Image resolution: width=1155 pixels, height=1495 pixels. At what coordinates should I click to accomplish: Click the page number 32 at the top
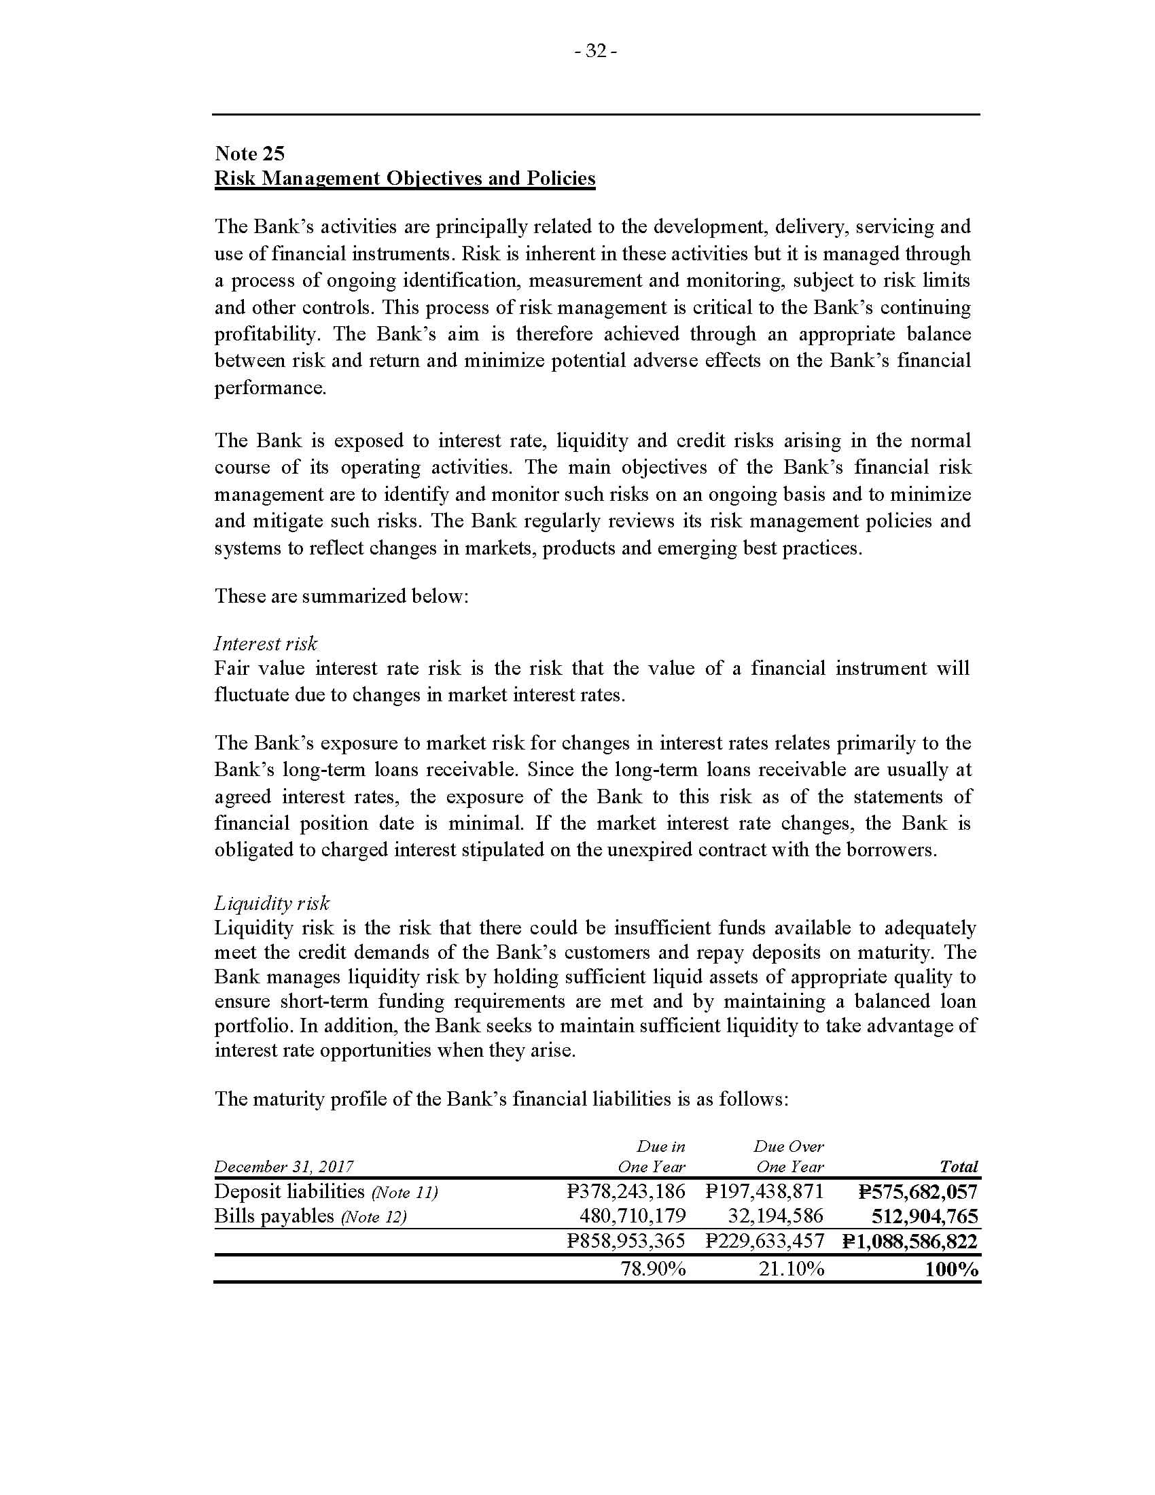click(596, 52)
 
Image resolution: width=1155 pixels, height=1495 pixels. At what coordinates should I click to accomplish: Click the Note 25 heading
click(249, 153)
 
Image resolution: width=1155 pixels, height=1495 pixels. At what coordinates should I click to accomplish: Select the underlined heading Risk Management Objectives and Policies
click(404, 178)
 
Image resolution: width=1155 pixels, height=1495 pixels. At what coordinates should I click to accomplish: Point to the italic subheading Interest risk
click(266, 644)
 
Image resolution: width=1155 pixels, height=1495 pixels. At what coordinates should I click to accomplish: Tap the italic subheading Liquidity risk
click(272, 903)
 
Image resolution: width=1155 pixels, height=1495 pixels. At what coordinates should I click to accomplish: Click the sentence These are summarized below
click(342, 595)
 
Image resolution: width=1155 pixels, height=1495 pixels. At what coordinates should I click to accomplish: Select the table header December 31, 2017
click(284, 1166)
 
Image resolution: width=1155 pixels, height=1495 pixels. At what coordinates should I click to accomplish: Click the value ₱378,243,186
click(626, 1192)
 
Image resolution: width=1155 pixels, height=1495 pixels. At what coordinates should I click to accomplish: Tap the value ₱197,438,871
click(764, 1192)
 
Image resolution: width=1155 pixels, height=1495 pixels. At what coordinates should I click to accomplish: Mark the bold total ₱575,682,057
click(918, 1192)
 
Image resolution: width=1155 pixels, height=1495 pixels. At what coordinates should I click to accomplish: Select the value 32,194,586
click(776, 1216)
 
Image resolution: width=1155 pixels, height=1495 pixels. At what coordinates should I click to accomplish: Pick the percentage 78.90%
click(653, 1269)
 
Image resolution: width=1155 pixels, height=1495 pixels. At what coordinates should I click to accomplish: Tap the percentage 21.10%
click(791, 1269)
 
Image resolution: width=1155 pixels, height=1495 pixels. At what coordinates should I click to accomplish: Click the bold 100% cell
click(951, 1269)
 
